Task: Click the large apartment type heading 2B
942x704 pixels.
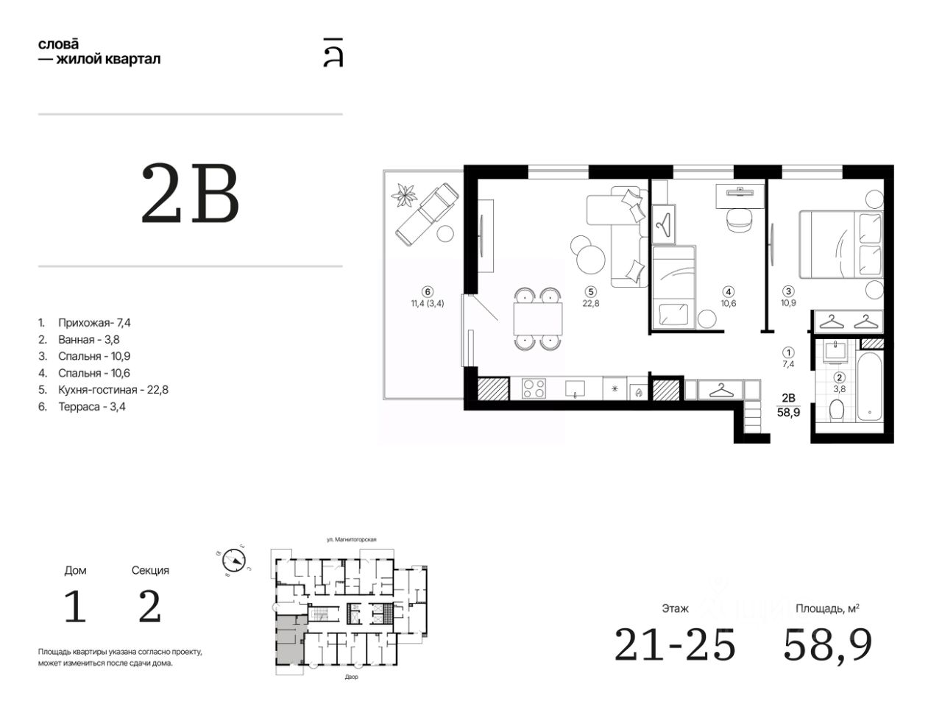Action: point(190,193)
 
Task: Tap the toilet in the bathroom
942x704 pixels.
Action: point(837,410)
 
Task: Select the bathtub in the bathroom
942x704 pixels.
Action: point(869,386)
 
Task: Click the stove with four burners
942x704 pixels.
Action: point(534,388)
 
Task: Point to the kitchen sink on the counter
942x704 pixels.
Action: point(575,388)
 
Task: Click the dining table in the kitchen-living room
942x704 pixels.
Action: point(538,319)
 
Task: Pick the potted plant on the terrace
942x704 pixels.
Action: point(404,196)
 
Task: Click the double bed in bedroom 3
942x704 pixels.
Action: point(840,244)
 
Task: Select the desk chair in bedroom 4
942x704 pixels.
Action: point(740,221)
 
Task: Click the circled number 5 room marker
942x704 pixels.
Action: point(590,292)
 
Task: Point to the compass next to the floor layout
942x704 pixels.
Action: point(234,560)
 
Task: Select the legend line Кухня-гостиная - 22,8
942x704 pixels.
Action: point(113,390)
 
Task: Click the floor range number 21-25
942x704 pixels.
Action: point(675,644)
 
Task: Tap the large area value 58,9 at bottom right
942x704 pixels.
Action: point(827,645)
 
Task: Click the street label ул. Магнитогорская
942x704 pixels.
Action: point(352,539)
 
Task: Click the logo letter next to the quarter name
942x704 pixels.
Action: point(333,52)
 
